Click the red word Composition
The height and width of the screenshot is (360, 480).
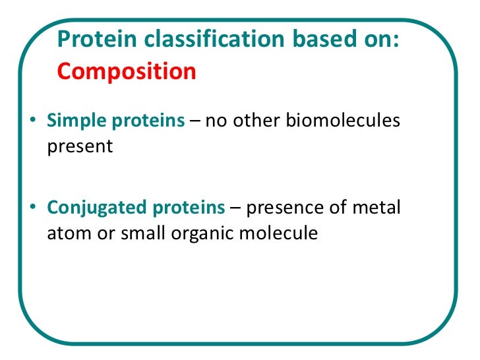[x=127, y=71]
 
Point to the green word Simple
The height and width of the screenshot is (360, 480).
[x=73, y=122]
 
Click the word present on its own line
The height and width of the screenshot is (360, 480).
[x=80, y=146]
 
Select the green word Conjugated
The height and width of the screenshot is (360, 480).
[x=89, y=208]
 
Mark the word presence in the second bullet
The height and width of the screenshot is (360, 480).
[x=285, y=208]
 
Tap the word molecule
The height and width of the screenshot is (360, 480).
[x=277, y=233]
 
